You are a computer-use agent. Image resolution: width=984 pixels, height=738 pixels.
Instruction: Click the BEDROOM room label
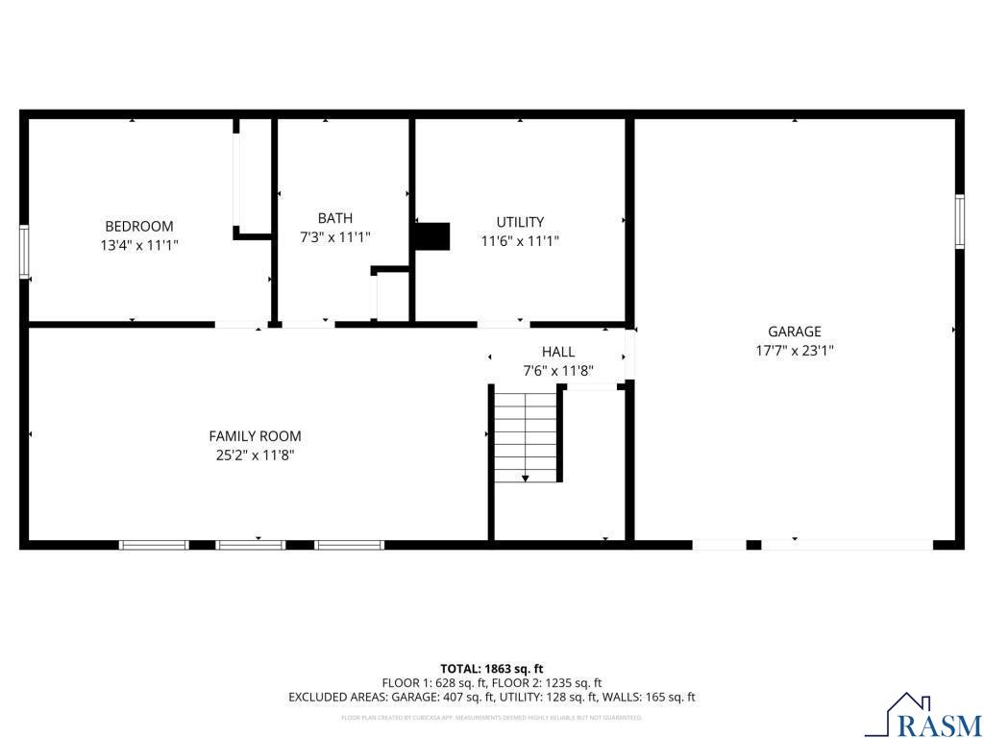coord(139,226)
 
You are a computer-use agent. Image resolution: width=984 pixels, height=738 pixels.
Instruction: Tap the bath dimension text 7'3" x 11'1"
coord(334,236)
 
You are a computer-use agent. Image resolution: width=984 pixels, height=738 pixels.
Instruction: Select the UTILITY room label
coord(520,222)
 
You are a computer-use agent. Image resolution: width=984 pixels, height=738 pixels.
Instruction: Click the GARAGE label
coord(794,332)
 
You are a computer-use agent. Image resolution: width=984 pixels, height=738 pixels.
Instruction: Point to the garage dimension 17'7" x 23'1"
coord(794,351)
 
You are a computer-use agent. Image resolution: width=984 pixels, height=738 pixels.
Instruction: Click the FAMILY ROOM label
coord(255,435)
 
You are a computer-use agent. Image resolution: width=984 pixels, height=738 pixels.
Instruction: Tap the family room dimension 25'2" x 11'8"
coord(255,455)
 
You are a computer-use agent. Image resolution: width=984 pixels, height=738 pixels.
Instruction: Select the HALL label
coord(558,352)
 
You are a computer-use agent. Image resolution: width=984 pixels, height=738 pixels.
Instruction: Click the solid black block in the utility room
coord(432,236)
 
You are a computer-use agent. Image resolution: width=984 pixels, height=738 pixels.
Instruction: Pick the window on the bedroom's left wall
coord(24,252)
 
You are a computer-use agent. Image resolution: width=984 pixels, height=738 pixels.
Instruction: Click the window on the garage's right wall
coord(959,222)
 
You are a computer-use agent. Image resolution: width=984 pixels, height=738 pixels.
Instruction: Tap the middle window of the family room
coord(251,545)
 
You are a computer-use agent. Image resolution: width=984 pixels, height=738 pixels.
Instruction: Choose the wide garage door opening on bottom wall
coord(847,545)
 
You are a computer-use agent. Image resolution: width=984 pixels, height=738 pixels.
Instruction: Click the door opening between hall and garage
coord(630,355)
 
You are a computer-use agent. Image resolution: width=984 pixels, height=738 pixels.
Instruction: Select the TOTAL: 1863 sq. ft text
coord(492,668)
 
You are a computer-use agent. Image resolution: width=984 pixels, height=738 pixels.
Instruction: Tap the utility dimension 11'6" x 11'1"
coord(520,241)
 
